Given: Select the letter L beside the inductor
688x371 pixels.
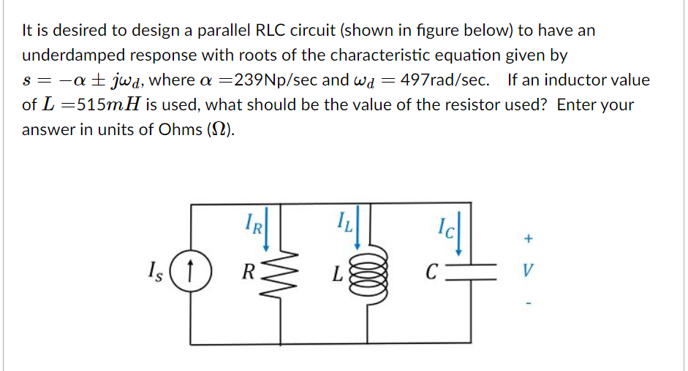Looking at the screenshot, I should coord(337,277).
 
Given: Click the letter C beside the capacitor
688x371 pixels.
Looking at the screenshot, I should coord(434,276).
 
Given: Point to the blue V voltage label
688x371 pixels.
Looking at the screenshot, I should coord(529,276).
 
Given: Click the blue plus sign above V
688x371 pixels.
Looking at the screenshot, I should coord(529,239).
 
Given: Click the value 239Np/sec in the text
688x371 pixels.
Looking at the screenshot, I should coord(273,80).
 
